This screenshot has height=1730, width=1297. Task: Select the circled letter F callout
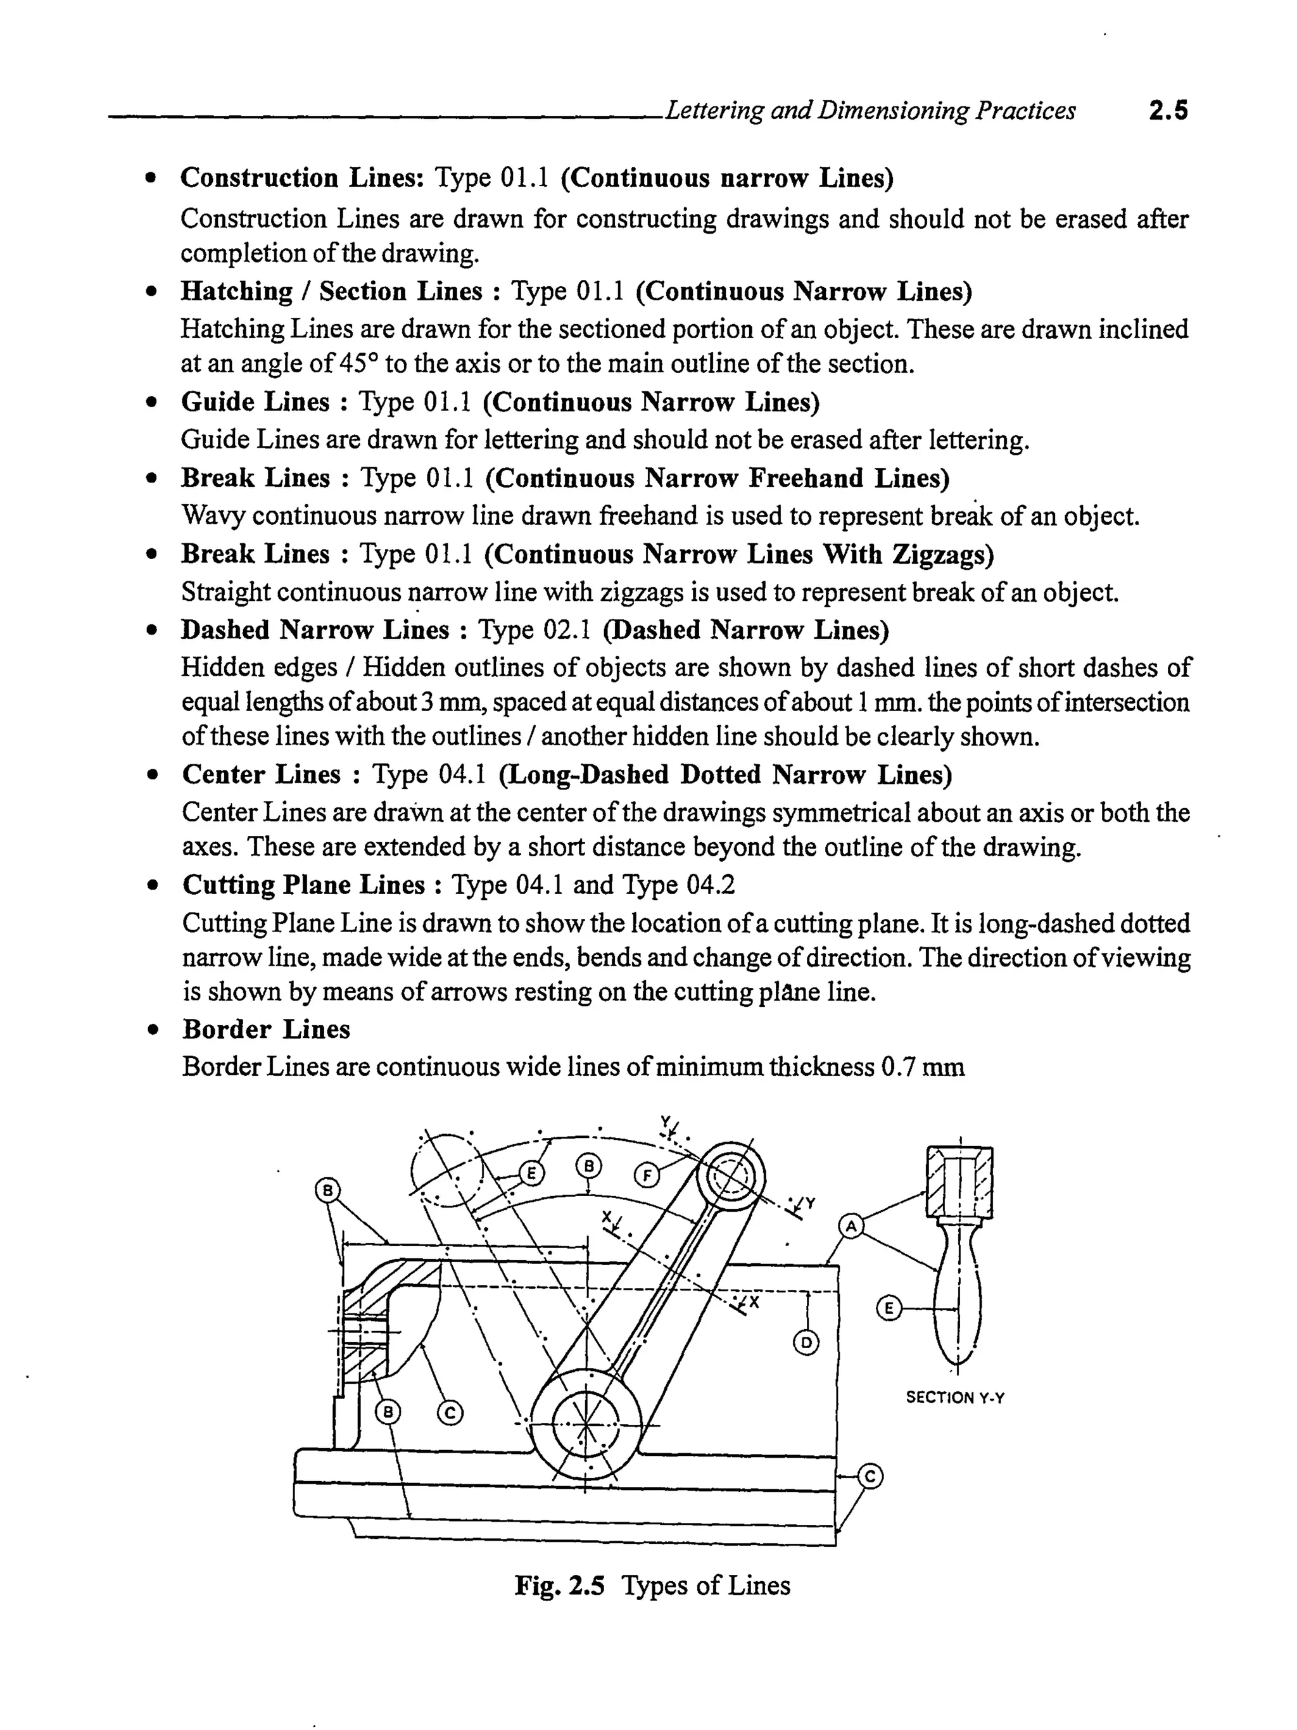[x=646, y=1175]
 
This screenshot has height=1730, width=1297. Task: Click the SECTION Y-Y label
[x=954, y=1397]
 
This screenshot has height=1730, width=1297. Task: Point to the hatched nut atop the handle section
[x=959, y=1182]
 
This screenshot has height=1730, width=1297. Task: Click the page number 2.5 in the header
[x=1167, y=111]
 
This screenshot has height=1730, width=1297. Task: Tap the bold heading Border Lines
[x=266, y=1029]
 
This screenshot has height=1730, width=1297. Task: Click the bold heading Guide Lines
[x=255, y=402]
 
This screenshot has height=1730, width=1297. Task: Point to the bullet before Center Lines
[x=153, y=775]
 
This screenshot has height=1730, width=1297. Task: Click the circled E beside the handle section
[x=888, y=1308]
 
